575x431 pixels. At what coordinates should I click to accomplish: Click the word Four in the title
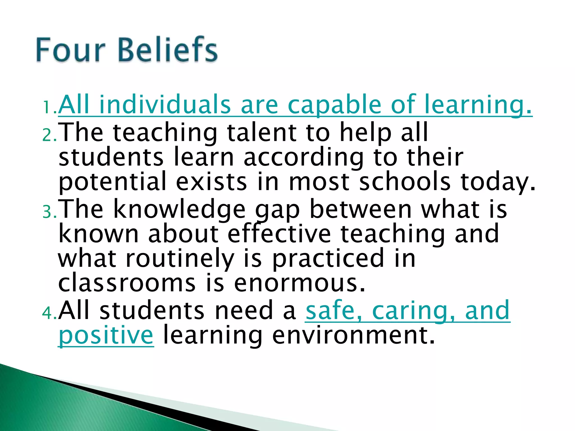click(70, 50)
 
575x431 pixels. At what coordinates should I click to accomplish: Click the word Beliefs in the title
click(168, 50)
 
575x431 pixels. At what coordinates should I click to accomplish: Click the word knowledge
click(179, 210)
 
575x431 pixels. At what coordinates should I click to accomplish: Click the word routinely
click(180, 259)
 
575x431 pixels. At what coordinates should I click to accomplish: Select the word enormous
click(299, 283)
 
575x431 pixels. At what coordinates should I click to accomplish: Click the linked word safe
click(330, 310)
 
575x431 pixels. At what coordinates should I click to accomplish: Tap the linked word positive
click(106, 336)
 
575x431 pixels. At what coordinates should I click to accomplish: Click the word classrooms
click(127, 283)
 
